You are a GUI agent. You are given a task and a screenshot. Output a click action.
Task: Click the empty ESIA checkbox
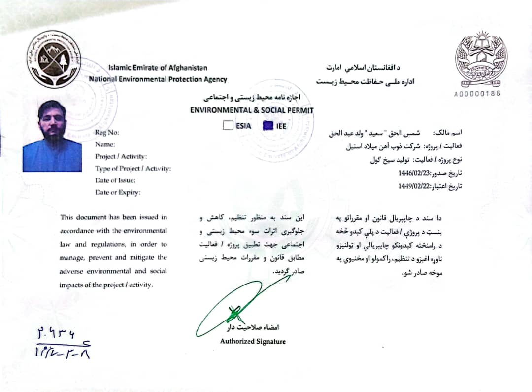click(228, 125)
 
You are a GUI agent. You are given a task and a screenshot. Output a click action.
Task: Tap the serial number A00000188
click(477, 93)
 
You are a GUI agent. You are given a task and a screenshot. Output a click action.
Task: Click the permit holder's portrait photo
click(52, 136)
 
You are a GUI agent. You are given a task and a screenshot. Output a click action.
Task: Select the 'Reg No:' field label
click(107, 132)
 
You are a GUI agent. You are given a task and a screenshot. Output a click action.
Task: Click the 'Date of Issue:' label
click(115, 180)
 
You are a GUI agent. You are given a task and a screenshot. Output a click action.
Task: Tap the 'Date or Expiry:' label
click(118, 193)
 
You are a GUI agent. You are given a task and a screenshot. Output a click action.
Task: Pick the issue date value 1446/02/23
click(414, 173)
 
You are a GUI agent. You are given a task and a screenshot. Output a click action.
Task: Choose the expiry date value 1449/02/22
click(414, 186)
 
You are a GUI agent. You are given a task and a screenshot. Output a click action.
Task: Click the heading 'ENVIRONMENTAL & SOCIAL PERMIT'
click(252, 110)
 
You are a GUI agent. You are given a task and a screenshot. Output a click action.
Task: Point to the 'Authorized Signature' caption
click(253, 341)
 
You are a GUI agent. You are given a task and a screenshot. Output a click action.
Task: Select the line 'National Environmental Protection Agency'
click(158, 79)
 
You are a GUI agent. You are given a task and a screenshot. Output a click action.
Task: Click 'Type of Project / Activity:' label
click(133, 169)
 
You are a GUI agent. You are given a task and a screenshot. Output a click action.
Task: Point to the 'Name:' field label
click(105, 144)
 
